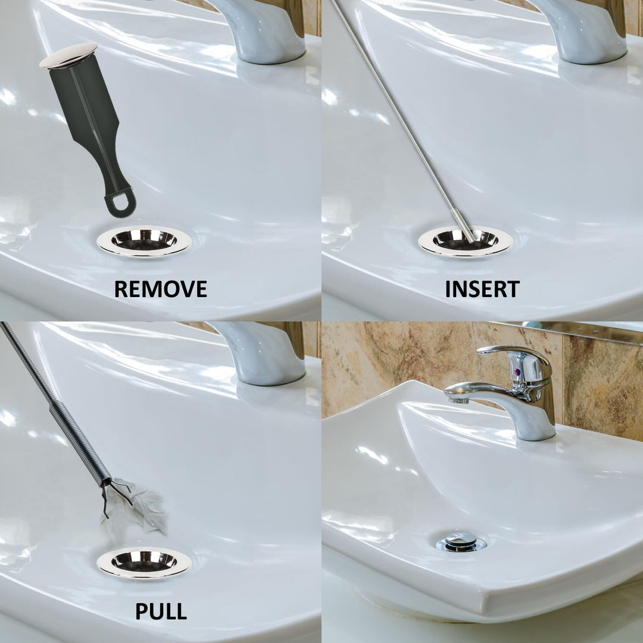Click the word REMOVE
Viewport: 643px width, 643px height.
(x=160, y=289)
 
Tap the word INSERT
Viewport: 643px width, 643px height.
(x=482, y=289)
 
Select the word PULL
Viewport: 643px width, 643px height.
(x=160, y=611)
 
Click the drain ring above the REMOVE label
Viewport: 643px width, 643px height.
(x=144, y=241)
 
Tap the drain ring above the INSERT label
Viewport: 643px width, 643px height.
(x=466, y=241)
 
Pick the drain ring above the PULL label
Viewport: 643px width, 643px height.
(x=144, y=563)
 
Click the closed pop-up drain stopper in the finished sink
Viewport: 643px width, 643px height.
(x=461, y=541)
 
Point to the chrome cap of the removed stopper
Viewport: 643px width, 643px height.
(x=68, y=55)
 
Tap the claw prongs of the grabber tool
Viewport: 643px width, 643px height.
(x=116, y=494)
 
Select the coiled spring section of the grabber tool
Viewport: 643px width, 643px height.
(x=80, y=441)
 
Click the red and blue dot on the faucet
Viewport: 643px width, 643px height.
(x=517, y=372)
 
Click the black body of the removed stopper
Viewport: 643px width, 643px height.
(x=89, y=119)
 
